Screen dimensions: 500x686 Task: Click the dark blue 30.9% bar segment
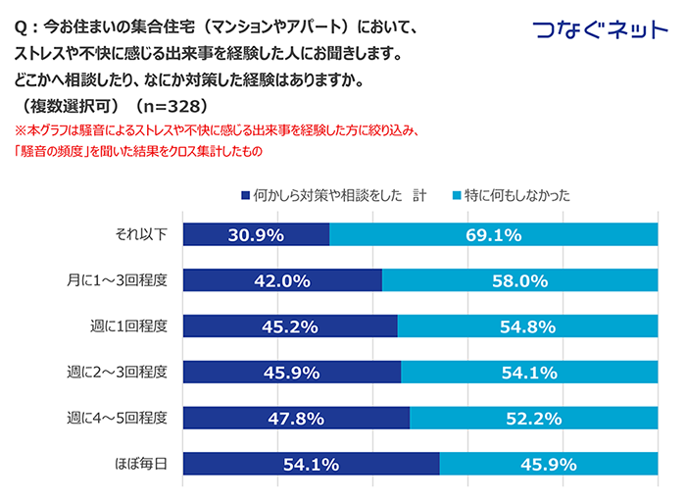[256, 234]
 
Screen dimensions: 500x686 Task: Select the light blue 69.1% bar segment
[494, 234]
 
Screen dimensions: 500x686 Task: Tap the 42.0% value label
[282, 280]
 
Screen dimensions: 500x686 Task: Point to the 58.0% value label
[519, 280]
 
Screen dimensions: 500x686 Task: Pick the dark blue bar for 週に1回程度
[290, 326]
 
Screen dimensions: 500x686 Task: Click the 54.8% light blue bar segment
[527, 326]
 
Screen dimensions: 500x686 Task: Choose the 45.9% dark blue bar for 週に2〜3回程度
[292, 373]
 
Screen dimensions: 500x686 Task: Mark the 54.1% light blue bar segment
[529, 373]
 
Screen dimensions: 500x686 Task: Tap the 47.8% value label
[296, 419]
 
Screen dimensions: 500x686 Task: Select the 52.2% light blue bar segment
[533, 419]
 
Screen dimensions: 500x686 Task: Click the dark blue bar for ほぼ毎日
[311, 465]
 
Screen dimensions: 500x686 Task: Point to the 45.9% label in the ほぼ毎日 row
[549, 465]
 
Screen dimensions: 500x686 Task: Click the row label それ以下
[142, 234]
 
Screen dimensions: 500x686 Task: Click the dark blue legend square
[244, 196]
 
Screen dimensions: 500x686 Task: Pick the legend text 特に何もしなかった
[515, 196]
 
